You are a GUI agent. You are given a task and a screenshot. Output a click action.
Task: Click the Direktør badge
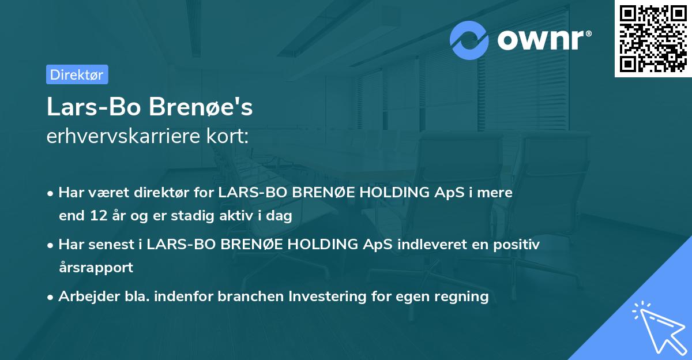click(x=77, y=74)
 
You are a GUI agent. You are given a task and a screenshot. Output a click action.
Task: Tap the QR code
click(x=653, y=39)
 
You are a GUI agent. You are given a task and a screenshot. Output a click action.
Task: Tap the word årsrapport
click(x=96, y=268)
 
